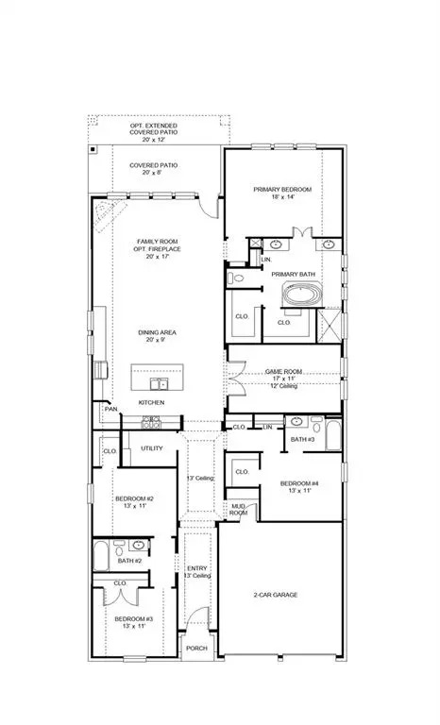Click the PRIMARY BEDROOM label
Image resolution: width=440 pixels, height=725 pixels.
pos(281,190)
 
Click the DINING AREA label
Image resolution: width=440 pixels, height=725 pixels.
pos(157,332)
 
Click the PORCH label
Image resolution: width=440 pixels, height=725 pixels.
pos(195,649)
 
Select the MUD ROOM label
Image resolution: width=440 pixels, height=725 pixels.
pos(239,510)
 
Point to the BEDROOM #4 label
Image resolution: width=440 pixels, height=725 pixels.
pos(299,484)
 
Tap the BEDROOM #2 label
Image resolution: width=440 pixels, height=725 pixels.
pos(134,498)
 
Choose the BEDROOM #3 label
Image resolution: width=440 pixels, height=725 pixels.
pos(134,619)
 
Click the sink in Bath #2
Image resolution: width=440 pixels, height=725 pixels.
pos(139,546)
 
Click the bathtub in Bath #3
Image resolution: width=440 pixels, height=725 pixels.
pos(331,437)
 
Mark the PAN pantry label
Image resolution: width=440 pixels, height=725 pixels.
pos(110,409)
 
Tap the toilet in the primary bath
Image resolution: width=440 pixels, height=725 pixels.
pos(237,278)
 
